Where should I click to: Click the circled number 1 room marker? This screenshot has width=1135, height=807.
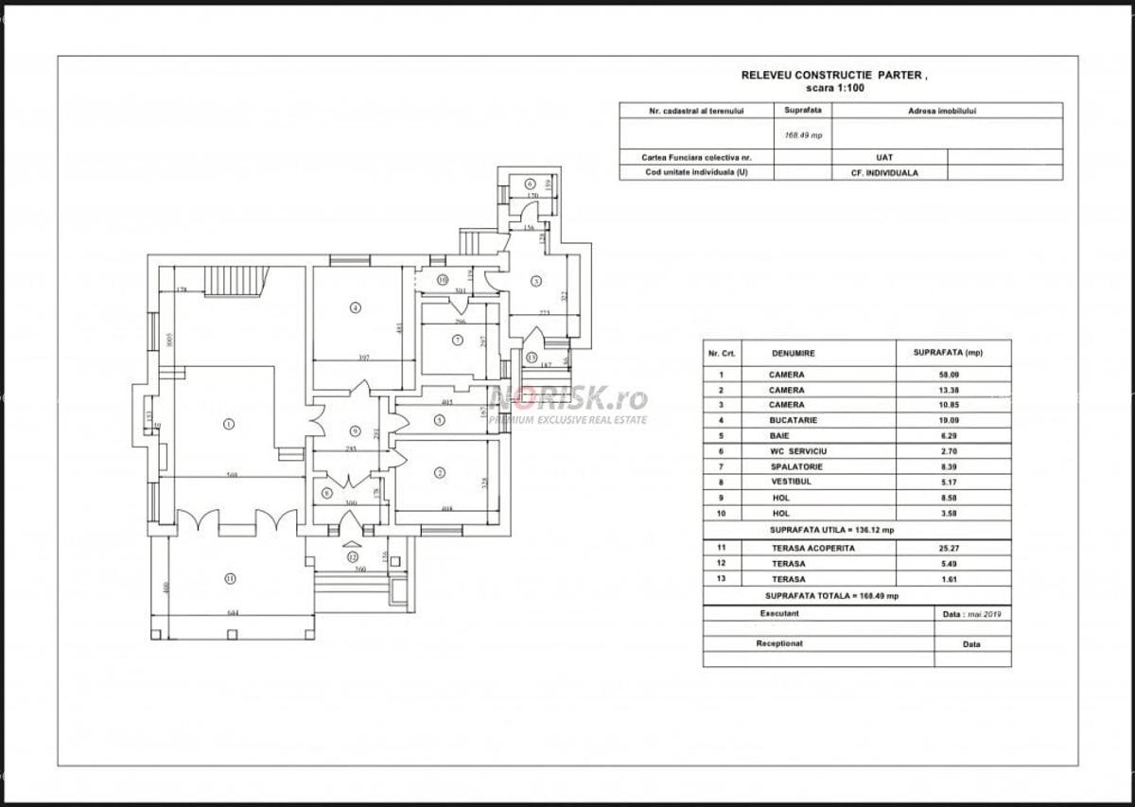228,424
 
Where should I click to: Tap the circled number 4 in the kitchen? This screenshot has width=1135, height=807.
355,307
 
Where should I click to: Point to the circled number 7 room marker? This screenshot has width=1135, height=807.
457,340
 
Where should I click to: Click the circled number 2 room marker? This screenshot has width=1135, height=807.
440,472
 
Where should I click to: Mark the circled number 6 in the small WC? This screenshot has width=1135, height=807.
530,184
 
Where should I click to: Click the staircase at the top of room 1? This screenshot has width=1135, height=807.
236,281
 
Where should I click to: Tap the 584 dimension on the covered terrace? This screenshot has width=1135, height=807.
233,613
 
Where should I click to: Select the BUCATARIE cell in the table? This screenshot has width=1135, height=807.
787,420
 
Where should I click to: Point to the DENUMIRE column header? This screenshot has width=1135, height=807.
793,353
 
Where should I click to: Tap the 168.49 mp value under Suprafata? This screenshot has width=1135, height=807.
803,135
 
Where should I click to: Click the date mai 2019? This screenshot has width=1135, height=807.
984,613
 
